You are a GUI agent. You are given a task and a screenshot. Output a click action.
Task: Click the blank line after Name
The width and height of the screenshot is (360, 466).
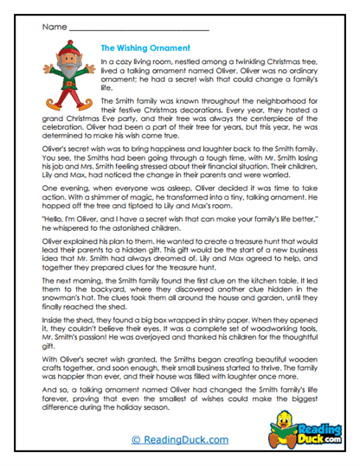[138, 30]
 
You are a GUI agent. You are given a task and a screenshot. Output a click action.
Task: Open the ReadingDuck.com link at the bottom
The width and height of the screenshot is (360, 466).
[179, 439]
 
